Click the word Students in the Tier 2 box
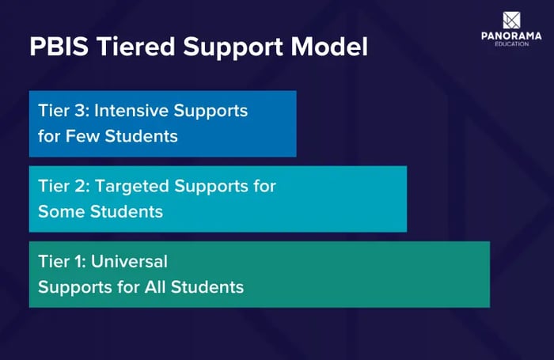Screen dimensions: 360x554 (x=130, y=212)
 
